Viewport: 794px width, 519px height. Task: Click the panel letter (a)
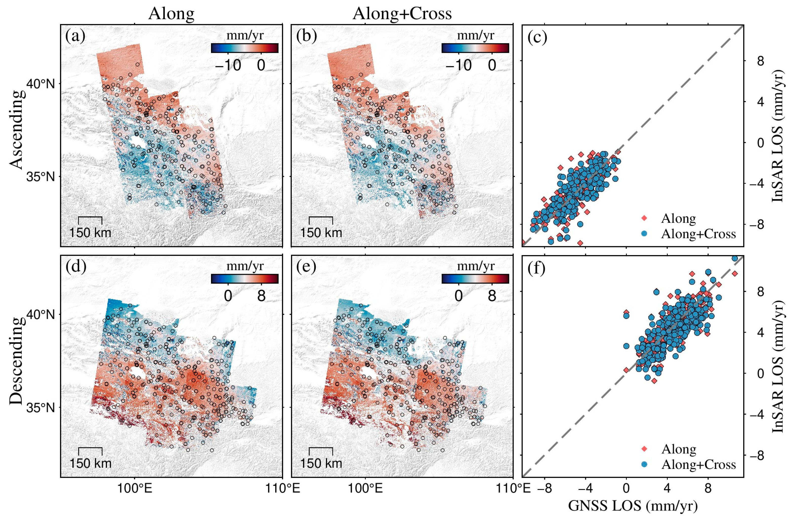(x=75, y=36)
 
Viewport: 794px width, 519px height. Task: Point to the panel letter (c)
(x=537, y=37)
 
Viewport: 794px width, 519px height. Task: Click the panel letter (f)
(x=536, y=268)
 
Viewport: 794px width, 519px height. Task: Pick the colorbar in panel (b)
(x=475, y=48)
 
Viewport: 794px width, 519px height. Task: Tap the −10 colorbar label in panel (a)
(x=228, y=65)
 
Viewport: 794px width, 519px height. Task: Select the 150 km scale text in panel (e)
(x=321, y=464)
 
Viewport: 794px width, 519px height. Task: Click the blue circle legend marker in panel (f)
(x=644, y=464)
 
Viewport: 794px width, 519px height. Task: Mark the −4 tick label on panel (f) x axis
(x=585, y=488)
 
